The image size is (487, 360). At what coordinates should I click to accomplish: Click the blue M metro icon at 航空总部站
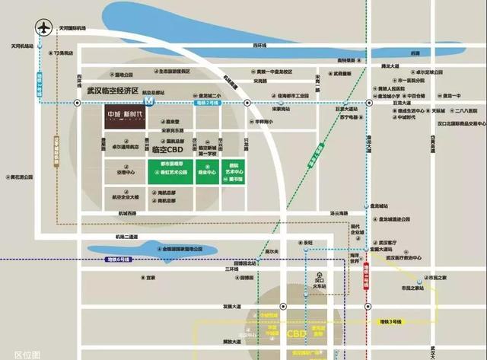[150, 100]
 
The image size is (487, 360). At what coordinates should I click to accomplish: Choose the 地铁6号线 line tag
[118, 260]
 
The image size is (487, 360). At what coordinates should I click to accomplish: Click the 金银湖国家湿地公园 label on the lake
[177, 249]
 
